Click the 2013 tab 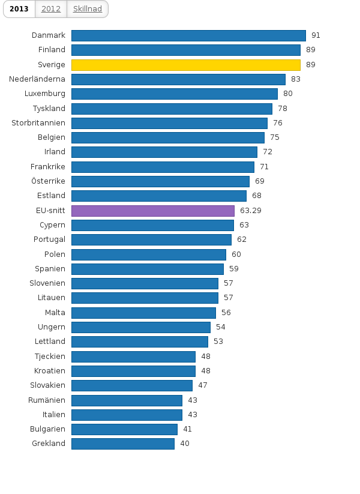click(x=19, y=8)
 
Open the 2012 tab click(x=51, y=8)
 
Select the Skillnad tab click(x=88, y=8)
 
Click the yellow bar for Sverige click(x=185, y=65)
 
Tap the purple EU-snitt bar click(x=152, y=211)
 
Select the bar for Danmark click(x=188, y=35)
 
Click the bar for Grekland click(x=123, y=444)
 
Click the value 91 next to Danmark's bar click(x=316, y=35)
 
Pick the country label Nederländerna click(x=37, y=79)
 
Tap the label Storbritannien click(x=38, y=123)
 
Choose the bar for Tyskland click(x=172, y=109)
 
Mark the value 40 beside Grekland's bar click(x=185, y=444)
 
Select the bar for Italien click(x=127, y=415)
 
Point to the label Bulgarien click(x=47, y=429)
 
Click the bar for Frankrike click(x=163, y=167)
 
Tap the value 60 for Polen click(x=236, y=255)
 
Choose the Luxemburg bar click(x=174, y=94)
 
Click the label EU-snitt click(x=50, y=211)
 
